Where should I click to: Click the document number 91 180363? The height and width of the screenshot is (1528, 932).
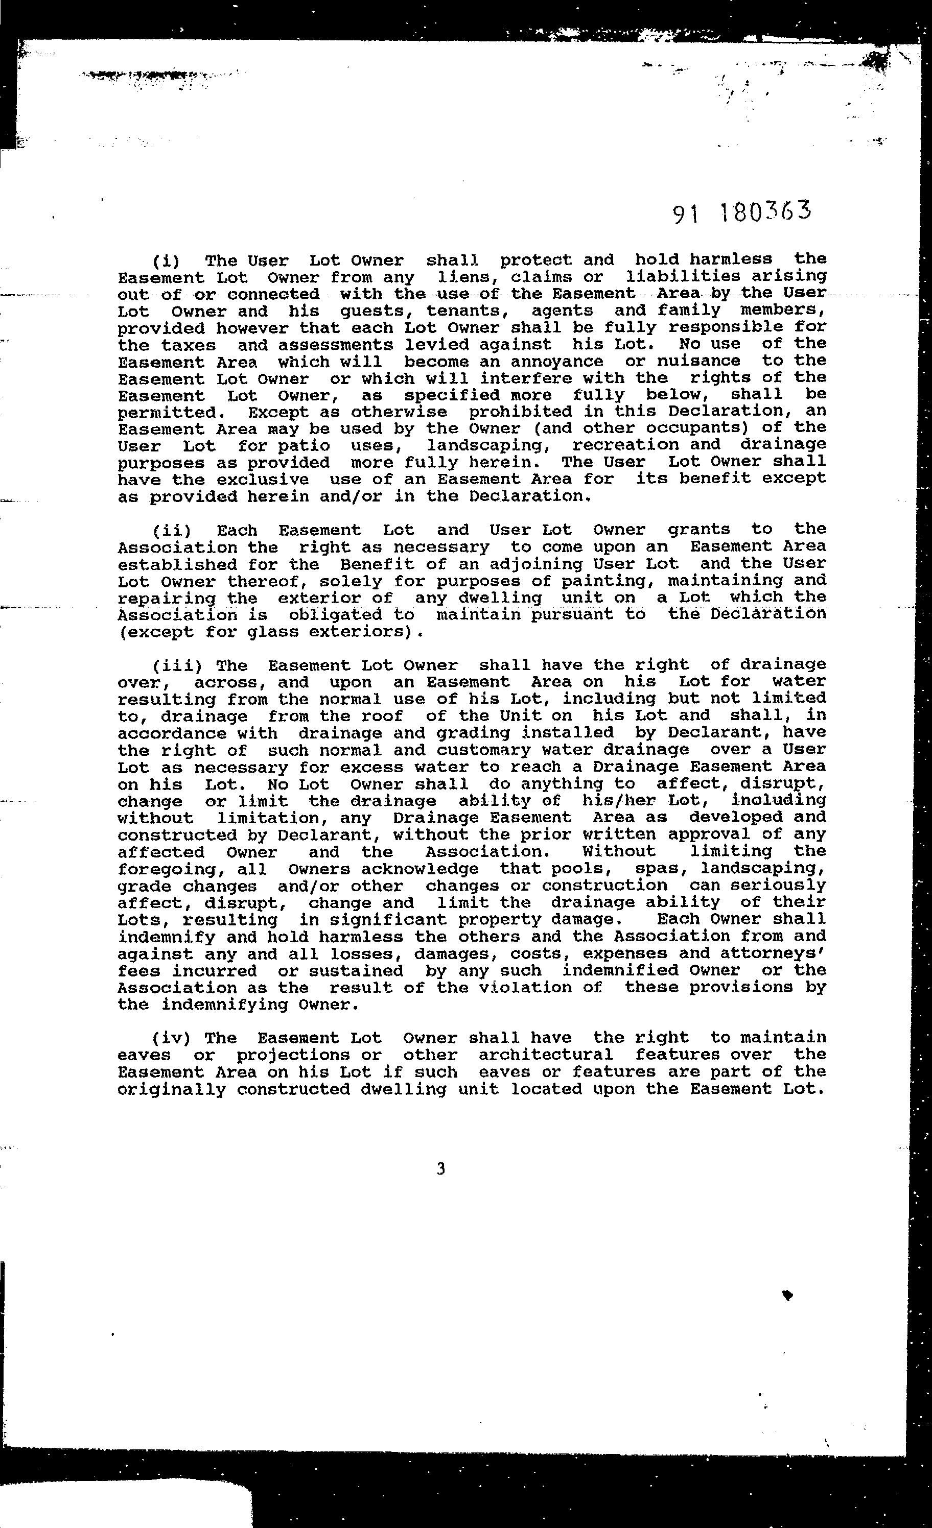point(742,212)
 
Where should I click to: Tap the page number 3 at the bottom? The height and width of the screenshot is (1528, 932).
point(440,1169)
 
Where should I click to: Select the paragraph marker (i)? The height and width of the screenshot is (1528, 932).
point(166,260)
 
